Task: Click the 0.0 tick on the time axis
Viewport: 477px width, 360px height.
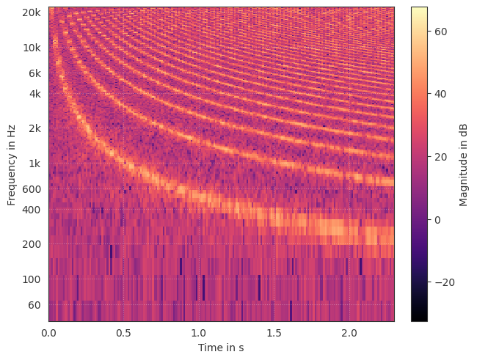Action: click(49, 333)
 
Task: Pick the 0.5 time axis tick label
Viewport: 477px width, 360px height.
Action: click(123, 333)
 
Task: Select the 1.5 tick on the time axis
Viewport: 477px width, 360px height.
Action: click(274, 333)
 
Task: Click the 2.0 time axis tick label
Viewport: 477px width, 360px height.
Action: click(349, 333)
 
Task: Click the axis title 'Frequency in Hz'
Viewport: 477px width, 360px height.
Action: click(12, 164)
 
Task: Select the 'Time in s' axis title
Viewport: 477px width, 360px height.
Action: click(221, 348)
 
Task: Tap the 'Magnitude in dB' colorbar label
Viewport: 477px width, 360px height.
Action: click(464, 164)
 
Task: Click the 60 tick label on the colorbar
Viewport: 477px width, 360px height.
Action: click(440, 32)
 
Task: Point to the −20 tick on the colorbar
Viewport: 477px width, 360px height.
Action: click(443, 283)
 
